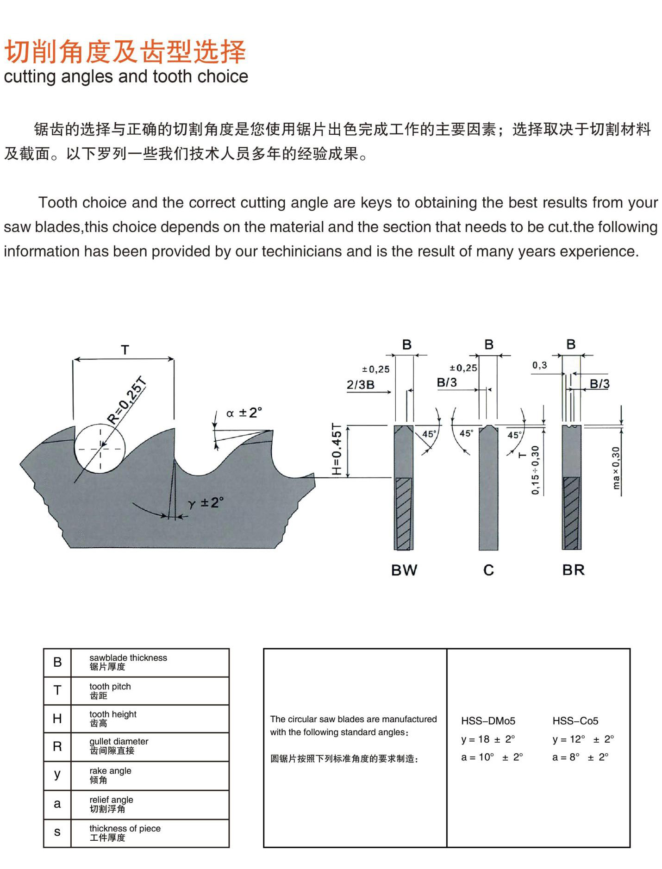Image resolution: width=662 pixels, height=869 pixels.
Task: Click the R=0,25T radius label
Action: [127, 401]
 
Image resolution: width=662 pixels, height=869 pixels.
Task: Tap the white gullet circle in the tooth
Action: [100, 448]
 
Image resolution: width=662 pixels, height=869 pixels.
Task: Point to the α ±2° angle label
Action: [244, 413]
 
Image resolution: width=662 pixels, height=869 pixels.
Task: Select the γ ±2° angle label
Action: [206, 503]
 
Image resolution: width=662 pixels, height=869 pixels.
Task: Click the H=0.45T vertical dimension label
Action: [337, 449]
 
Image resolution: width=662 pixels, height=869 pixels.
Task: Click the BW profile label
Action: [404, 570]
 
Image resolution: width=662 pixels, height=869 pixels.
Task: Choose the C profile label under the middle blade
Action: [488, 570]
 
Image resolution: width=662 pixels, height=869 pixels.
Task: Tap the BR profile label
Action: [573, 570]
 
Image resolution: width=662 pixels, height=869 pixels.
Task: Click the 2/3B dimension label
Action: [360, 385]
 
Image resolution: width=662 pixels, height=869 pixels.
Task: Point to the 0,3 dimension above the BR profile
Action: [539, 365]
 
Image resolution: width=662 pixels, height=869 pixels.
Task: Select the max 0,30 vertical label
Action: [616, 468]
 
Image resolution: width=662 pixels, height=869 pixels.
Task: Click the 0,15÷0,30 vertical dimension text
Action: [535, 470]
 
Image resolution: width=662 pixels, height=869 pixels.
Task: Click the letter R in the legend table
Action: [57, 746]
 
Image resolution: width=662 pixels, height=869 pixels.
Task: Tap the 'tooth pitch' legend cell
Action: [110, 690]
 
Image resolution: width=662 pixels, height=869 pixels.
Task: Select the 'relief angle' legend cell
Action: [111, 804]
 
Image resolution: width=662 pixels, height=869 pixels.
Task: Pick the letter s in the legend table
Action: [57, 832]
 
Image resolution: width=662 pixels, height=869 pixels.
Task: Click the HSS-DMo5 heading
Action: [488, 721]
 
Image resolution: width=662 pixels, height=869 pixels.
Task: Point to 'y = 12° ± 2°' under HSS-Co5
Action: [583, 739]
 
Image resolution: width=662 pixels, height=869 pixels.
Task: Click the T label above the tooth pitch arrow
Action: [125, 350]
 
